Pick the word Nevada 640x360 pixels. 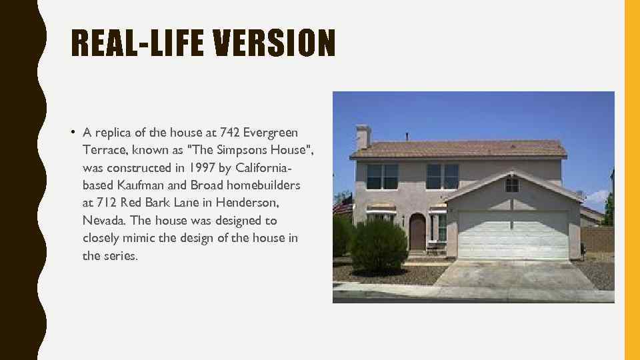click(102, 221)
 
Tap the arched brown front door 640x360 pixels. click(417, 232)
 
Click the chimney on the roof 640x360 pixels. click(363, 137)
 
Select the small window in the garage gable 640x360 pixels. click(512, 185)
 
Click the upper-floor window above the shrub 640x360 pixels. click(383, 177)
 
